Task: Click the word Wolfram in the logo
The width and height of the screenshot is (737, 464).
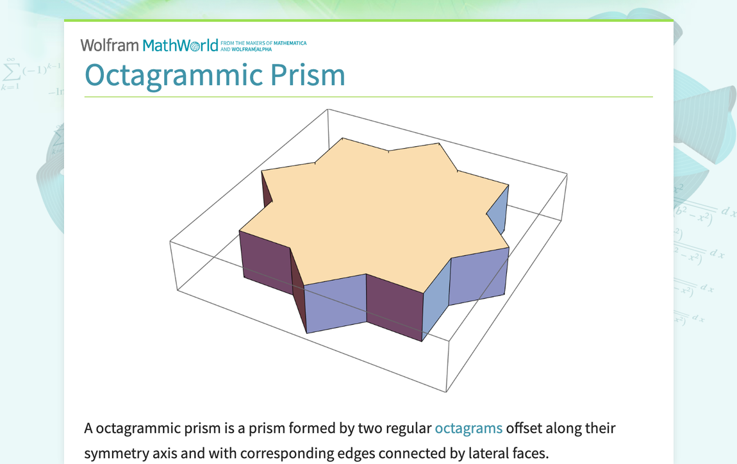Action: click(x=110, y=46)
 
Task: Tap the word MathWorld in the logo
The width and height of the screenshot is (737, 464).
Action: click(x=180, y=46)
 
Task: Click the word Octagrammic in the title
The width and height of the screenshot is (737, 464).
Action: click(x=173, y=76)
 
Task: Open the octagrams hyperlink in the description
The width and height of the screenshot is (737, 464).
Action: click(x=468, y=427)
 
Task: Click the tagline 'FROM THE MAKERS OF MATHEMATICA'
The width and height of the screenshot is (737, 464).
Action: click(x=263, y=43)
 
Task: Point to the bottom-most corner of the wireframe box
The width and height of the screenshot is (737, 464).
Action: click(x=446, y=392)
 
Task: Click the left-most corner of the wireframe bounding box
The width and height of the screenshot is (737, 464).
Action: click(x=170, y=242)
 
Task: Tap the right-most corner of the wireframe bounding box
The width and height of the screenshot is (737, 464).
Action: click(x=568, y=174)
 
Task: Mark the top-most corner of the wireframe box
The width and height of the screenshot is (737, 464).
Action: click(x=327, y=109)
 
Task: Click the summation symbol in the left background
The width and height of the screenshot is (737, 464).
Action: click(x=10, y=69)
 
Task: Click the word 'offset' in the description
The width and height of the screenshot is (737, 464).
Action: click(x=526, y=427)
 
